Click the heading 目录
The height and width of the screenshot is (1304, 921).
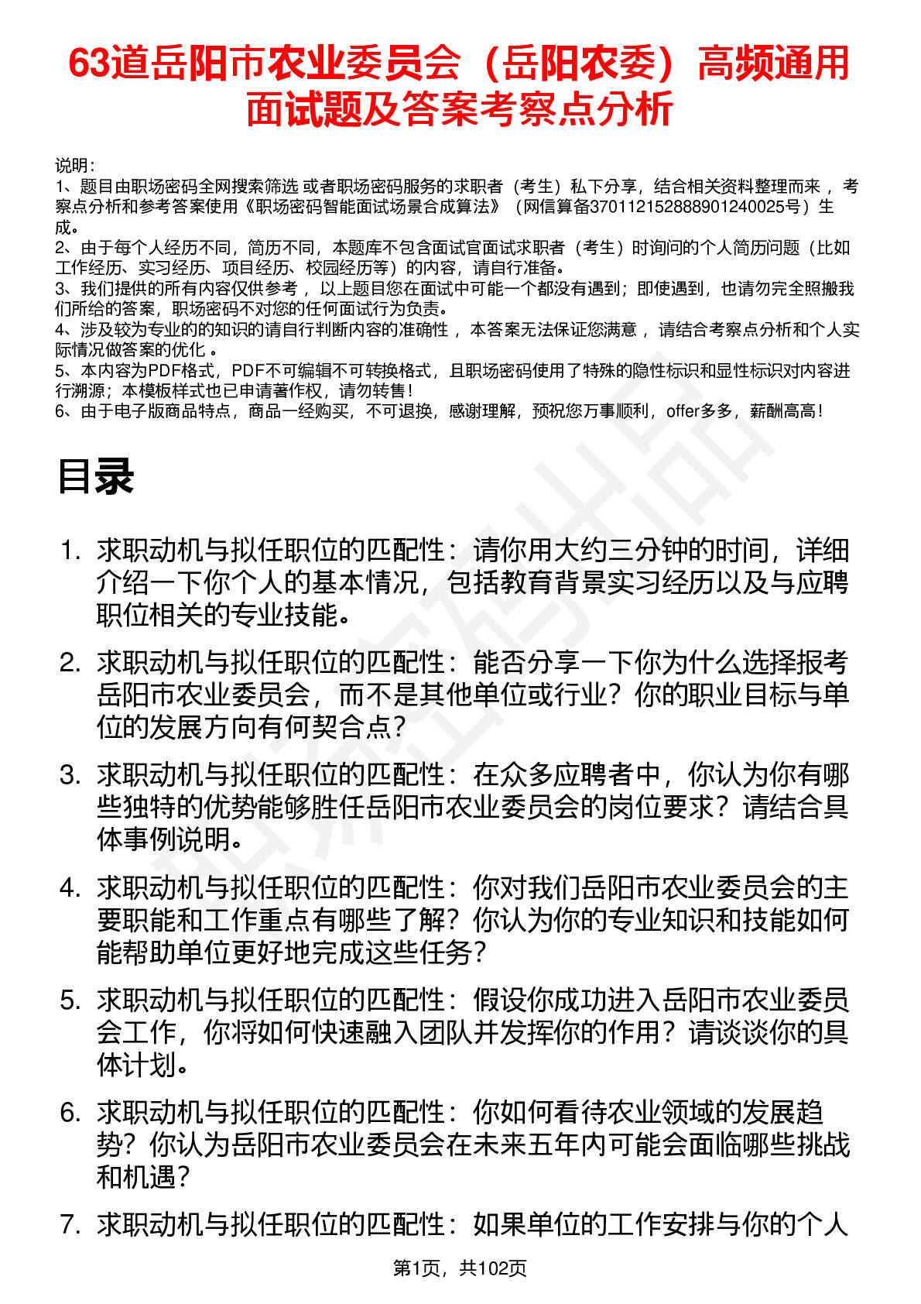click(x=96, y=476)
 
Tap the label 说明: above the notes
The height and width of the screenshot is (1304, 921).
click(x=75, y=166)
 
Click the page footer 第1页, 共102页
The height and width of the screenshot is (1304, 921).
click(x=460, y=1268)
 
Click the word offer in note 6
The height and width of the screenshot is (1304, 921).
click(x=683, y=411)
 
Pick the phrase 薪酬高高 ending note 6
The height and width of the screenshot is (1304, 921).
click(x=782, y=411)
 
